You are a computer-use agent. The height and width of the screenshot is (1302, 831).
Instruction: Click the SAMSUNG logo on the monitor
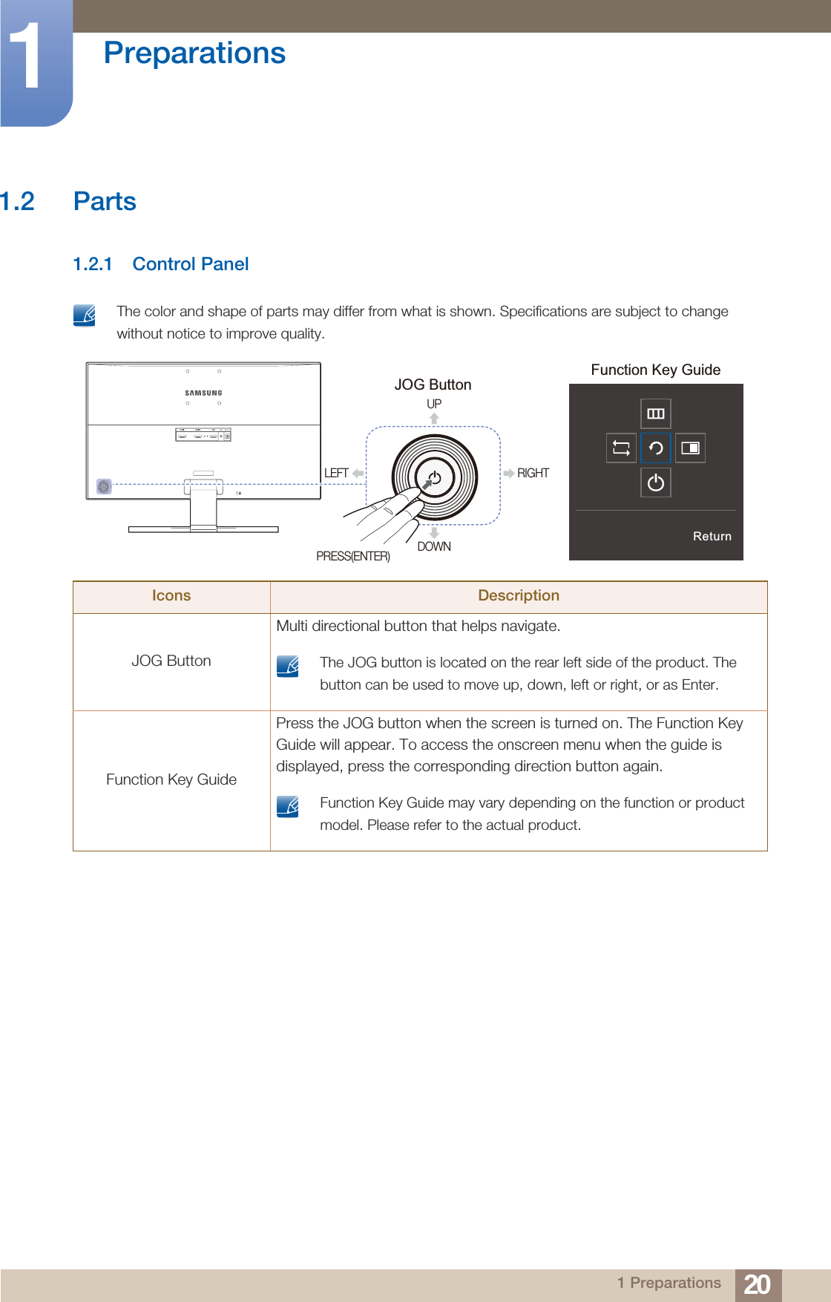[203, 393]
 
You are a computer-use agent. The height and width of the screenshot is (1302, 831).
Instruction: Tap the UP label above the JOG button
[434, 404]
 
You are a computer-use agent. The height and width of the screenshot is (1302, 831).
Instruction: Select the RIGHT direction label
[533, 473]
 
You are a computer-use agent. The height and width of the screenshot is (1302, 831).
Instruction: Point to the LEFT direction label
[336, 473]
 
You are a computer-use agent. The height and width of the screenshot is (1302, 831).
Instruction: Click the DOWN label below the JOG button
[434, 546]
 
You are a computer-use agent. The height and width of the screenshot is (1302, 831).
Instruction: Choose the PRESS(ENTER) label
[353, 556]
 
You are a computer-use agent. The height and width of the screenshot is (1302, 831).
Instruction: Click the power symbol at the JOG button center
[435, 478]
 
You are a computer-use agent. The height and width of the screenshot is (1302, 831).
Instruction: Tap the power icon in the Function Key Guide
[656, 482]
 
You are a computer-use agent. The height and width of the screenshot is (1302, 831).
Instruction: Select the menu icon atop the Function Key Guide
[656, 413]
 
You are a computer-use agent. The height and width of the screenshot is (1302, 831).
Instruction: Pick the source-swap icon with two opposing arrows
[621, 448]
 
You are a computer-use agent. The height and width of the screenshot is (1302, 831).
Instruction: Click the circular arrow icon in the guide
[656, 448]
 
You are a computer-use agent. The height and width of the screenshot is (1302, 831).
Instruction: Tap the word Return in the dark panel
[712, 536]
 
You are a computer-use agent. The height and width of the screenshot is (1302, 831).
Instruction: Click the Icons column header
[171, 595]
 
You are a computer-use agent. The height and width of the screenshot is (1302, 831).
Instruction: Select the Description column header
[519, 595]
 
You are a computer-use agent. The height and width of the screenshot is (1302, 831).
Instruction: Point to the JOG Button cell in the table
[171, 661]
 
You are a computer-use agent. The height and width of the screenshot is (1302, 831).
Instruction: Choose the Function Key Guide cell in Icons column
[171, 779]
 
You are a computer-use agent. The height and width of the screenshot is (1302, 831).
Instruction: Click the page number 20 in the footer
[757, 1284]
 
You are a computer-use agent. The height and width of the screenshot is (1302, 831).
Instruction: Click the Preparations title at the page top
[194, 53]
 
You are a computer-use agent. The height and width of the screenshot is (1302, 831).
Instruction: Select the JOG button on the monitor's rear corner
[105, 487]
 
